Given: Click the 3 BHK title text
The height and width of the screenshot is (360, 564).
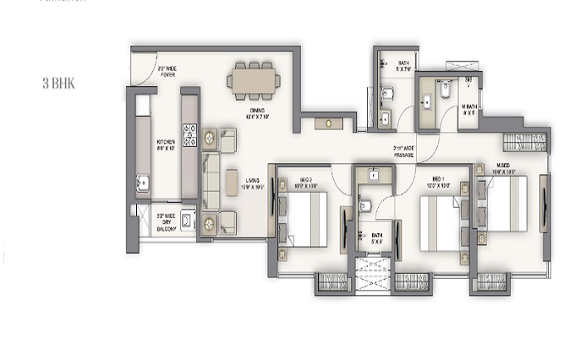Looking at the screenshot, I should [x=57, y=85].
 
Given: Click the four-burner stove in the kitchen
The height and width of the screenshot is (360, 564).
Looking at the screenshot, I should [x=190, y=134].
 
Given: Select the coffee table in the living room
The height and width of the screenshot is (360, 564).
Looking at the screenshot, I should [x=231, y=179].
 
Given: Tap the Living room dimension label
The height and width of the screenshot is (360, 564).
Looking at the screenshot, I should [x=253, y=183].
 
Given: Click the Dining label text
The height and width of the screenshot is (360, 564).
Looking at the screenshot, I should [x=259, y=114].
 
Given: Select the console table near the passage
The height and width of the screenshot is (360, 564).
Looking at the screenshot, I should [x=326, y=123].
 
